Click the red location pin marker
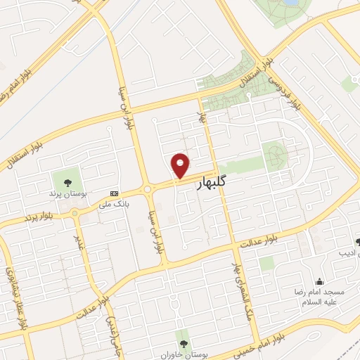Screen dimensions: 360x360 point(181,165)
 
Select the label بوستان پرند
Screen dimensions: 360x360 point(65,193)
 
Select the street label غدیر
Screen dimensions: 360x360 point(80,240)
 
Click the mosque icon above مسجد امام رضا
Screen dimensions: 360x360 point(319,281)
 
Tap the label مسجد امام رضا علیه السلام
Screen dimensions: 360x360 point(319,296)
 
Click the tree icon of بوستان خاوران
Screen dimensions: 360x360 point(183,343)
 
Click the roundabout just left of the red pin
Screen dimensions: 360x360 point(148,188)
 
